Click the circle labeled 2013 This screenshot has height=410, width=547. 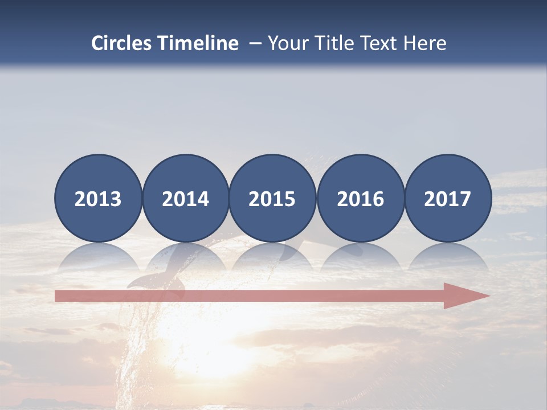pos(98,198)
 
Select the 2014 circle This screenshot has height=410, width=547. pos(186,198)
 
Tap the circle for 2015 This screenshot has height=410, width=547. pos(272,198)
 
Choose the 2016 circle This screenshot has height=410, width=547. pos(360,198)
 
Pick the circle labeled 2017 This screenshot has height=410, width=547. pos(448,198)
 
